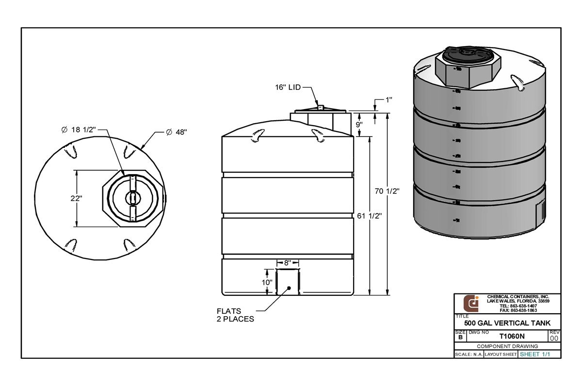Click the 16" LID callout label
coord(288,87)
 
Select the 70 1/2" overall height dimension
coord(387,191)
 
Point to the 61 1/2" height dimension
coord(370,217)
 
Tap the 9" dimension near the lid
coord(359,124)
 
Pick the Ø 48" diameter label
coord(176,132)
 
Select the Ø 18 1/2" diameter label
coord(79,129)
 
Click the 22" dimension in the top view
coord(76,198)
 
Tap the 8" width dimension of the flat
coord(287,263)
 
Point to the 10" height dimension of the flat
coord(266,282)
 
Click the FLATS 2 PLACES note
coord(235,315)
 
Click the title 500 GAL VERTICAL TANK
coord(507,323)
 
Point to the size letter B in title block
coord(460,337)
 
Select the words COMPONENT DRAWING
coord(507,346)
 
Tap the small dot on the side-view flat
coord(289,288)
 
